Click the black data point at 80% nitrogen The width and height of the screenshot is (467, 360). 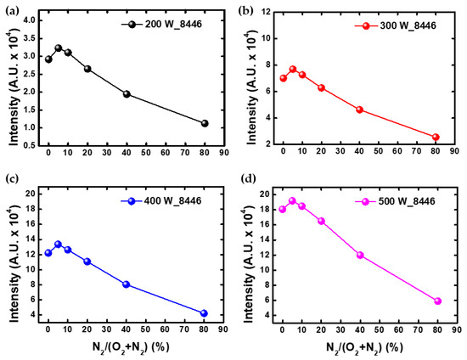tap(205, 123)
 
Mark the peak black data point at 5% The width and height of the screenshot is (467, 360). tap(58, 48)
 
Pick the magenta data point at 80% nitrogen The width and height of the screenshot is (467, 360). tap(438, 301)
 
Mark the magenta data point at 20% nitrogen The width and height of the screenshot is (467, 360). tap(321, 221)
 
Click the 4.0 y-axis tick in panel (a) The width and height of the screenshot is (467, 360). tap(27, 20)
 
